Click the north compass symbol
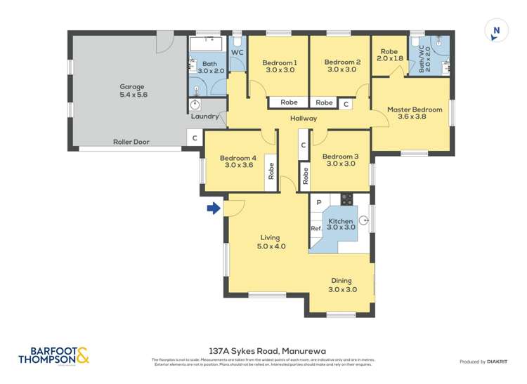pyautogui.click(x=496, y=31)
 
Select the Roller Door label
pyautogui.click(x=131, y=142)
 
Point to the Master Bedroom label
pyautogui.click(x=415, y=114)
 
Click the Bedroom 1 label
pyautogui.click(x=280, y=67)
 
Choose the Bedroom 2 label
pyautogui.click(x=342, y=66)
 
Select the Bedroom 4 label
pyautogui.click(x=238, y=161)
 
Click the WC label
pyautogui.click(x=237, y=53)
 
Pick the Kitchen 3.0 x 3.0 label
pyautogui.click(x=341, y=225)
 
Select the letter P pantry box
pyautogui.click(x=318, y=203)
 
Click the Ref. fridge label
pyautogui.click(x=316, y=228)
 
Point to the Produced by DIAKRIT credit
pyautogui.click(x=483, y=362)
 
